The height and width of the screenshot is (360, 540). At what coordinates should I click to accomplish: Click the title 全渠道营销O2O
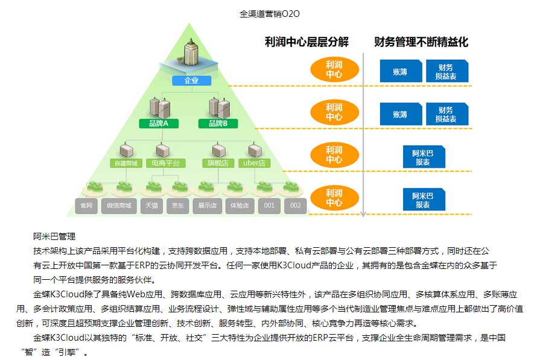click(x=270, y=13)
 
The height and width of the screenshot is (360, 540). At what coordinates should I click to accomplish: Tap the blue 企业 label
click(x=190, y=80)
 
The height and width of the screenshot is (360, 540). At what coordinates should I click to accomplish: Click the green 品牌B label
click(x=218, y=124)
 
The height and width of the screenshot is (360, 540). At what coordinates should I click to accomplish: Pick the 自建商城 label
click(x=126, y=163)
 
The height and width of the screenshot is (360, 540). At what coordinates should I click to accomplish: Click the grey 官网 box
click(x=86, y=206)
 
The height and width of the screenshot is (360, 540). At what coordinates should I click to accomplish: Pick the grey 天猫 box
click(x=150, y=206)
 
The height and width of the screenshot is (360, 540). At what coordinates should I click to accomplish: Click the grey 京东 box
click(x=179, y=206)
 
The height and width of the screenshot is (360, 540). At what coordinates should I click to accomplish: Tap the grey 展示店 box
click(x=207, y=206)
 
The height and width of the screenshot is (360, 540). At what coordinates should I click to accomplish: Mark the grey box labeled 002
click(x=294, y=206)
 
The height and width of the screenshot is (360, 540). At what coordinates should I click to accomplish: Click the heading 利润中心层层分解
click(x=307, y=42)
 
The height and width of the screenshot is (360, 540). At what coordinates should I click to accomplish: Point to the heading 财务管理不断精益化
click(x=421, y=42)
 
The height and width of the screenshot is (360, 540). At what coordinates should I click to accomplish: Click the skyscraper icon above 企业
click(x=190, y=54)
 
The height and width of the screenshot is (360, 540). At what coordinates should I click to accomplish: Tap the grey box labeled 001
click(x=268, y=206)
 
